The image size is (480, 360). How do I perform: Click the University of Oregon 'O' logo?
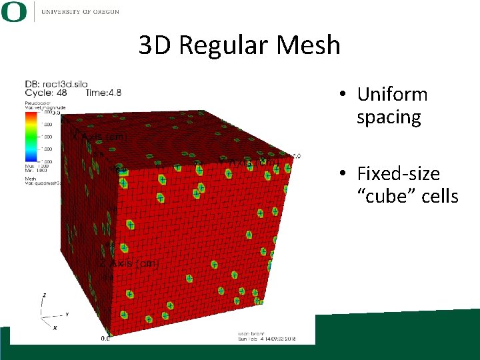click(14, 11)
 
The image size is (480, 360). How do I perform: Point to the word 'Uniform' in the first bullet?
click(392, 95)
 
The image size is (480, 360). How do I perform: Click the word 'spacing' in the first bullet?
click(389, 117)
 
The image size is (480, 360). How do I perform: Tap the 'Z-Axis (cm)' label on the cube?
click(130, 264)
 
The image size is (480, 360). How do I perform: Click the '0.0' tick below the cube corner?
click(105, 339)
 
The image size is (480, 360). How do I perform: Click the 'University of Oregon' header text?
click(80, 11)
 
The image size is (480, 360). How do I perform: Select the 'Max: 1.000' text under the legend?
click(33, 166)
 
